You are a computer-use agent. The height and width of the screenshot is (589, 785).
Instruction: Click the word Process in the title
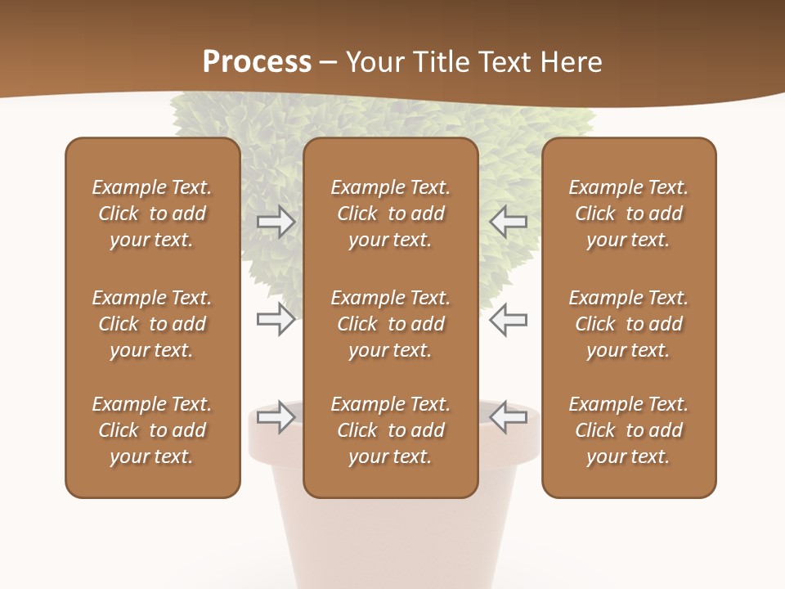pos(257,62)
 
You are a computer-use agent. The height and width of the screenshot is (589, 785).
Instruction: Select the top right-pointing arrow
pos(276,222)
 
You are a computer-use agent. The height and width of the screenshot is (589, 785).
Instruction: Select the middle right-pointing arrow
pos(276,319)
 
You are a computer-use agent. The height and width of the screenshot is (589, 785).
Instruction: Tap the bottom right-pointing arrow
pos(276,417)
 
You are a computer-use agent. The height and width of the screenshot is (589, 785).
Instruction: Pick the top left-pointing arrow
pos(508,222)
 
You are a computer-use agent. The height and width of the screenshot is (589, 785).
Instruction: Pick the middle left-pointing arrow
pos(508,319)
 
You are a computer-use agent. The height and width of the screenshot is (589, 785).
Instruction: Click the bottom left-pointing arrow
pos(508,417)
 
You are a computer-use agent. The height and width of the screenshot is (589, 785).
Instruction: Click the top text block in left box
pos(152,214)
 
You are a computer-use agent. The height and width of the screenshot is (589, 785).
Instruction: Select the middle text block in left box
pos(152,324)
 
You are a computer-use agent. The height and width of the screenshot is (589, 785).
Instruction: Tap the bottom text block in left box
pos(152,430)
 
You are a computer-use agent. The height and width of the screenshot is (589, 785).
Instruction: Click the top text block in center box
pos(390,214)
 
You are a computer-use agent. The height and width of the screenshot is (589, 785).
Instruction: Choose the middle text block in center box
pos(390,324)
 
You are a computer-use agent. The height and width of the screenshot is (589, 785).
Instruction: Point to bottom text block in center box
pos(390,430)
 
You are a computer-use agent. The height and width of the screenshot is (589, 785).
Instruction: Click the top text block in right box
pos(628,214)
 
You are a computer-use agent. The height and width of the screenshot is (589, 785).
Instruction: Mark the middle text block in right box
pos(628,324)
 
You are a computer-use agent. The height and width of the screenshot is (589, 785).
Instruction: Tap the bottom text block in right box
pos(628,430)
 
